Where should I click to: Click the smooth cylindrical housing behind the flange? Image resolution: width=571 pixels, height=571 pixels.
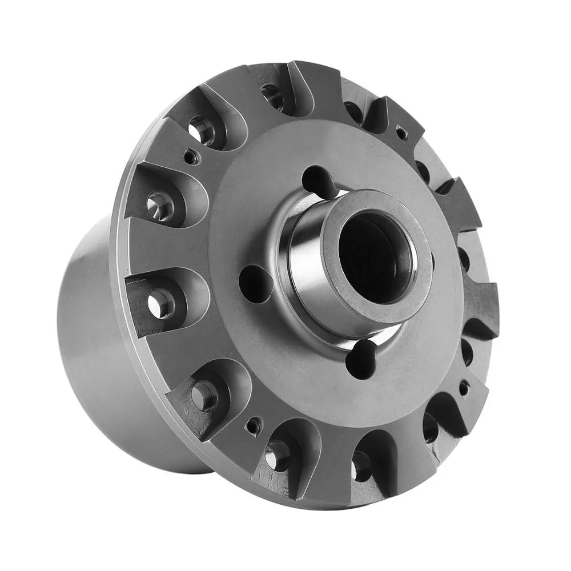[97, 320]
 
